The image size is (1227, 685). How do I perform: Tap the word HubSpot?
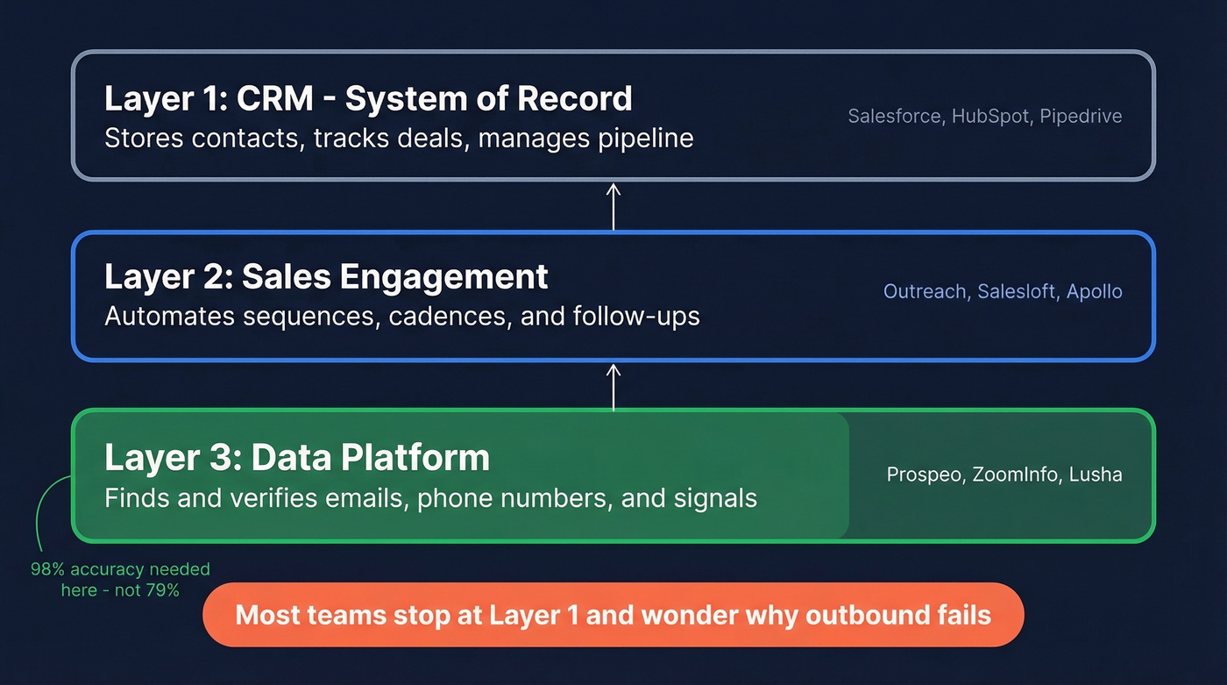(x=990, y=116)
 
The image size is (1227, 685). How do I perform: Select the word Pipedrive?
(x=1081, y=116)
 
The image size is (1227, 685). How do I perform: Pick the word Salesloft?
(x=1018, y=291)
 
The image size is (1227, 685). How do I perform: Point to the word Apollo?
(x=1095, y=291)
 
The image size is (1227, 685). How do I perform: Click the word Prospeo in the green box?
(x=926, y=475)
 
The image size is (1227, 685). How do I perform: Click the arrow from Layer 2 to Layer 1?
(x=613, y=206)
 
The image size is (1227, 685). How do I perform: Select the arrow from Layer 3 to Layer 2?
(x=613, y=387)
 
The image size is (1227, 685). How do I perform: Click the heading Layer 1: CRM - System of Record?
(x=368, y=98)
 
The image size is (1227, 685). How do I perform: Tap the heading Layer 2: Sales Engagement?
(x=326, y=276)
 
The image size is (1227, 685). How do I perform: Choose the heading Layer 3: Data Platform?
(x=297, y=457)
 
